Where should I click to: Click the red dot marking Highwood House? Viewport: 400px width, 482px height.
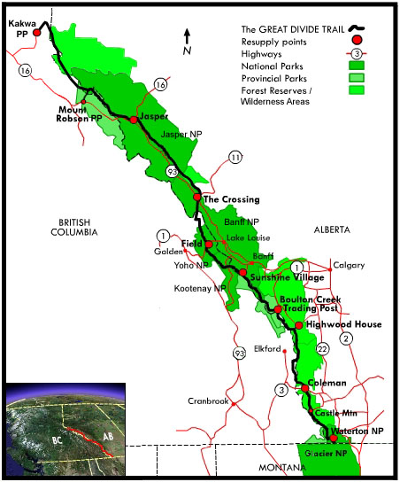click(299, 325)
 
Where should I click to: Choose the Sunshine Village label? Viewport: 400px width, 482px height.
click(282, 277)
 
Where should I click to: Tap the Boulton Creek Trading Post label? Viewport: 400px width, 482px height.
click(309, 303)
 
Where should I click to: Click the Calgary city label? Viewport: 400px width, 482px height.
click(347, 264)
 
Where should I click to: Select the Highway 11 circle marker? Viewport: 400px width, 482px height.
click(235, 157)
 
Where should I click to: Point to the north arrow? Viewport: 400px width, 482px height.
click(187, 36)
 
